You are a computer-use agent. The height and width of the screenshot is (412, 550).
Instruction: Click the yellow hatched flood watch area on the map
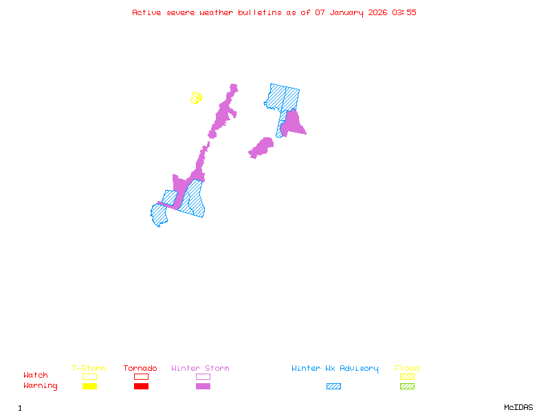click(197, 98)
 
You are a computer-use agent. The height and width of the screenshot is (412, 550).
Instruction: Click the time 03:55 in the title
click(404, 12)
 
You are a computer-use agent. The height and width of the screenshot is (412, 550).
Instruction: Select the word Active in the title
click(147, 12)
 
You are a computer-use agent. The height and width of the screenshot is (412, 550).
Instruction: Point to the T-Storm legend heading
click(89, 368)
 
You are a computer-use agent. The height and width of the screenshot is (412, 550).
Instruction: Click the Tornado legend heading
click(140, 368)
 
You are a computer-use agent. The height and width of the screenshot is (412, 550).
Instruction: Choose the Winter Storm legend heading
click(200, 368)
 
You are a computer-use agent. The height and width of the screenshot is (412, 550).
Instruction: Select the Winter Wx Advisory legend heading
click(335, 368)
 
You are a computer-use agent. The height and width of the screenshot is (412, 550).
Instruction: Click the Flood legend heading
click(407, 368)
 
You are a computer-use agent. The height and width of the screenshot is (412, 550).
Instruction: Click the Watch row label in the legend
click(36, 376)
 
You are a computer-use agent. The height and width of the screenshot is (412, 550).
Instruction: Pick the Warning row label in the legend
click(41, 386)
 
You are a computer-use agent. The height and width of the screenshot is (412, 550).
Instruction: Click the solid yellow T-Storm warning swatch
click(89, 386)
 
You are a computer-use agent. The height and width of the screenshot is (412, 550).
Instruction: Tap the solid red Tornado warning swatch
click(141, 386)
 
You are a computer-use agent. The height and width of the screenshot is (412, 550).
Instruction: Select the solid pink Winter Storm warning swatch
click(203, 386)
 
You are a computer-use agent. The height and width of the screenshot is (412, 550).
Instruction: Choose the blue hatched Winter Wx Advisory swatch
click(333, 386)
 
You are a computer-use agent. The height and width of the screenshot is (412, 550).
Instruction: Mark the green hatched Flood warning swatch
click(407, 386)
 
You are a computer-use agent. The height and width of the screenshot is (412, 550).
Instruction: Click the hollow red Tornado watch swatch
click(141, 376)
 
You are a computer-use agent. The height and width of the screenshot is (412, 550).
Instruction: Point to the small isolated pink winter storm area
click(261, 148)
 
